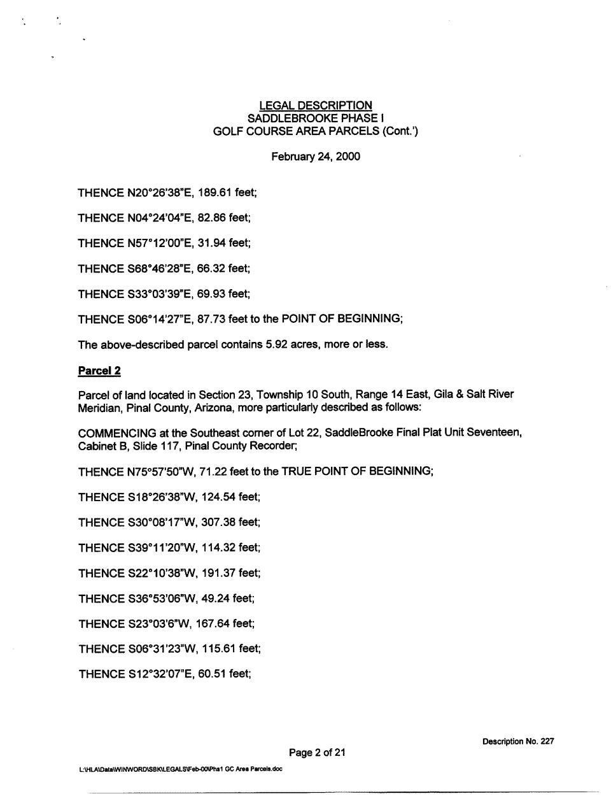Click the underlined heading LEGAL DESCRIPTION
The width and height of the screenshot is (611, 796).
pos(316,106)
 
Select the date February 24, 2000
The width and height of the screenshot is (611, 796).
pos(316,157)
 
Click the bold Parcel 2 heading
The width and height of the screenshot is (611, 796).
pos(99,371)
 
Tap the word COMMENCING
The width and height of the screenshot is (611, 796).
pos(118,433)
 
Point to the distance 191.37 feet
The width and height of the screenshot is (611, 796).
pos(230,573)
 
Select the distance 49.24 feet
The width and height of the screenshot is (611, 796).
pos(227,599)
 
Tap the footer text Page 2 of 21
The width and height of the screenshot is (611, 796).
pos(317,753)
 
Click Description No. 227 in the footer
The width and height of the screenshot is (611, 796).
pos(518,741)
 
